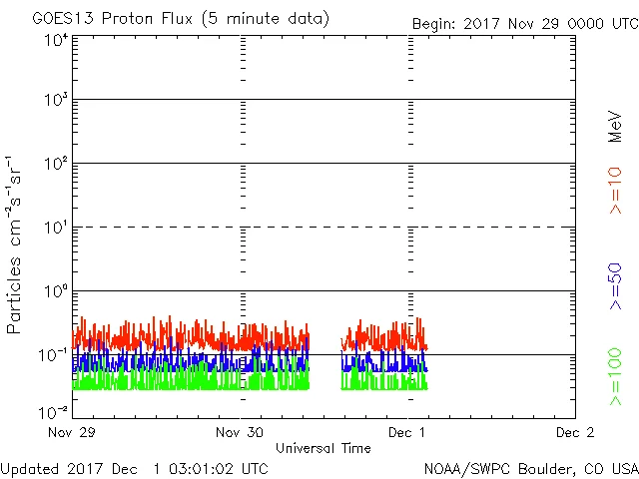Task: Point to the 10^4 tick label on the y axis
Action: pyautogui.click(x=55, y=40)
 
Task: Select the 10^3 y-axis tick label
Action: pyautogui.click(x=55, y=102)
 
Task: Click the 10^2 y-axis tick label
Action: pyautogui.click(x=55, y=165)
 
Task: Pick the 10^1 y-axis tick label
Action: pyautogui.click(x=55, y=229)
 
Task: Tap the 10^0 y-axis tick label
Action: pyautogui.click(x=55, y=292)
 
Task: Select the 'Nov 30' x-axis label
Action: pyautogui.click(x=240, y=432)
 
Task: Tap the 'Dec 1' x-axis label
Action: pyautogui.click(x=407, y=432)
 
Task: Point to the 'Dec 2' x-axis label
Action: pyautogui.click(x=574, y=432)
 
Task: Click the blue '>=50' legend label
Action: pyautogui.click(x=616, y=287)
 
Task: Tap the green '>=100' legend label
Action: pyautogui.click(x=616, y=378)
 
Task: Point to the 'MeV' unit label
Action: pyautogui.click(x=616, y=128)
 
